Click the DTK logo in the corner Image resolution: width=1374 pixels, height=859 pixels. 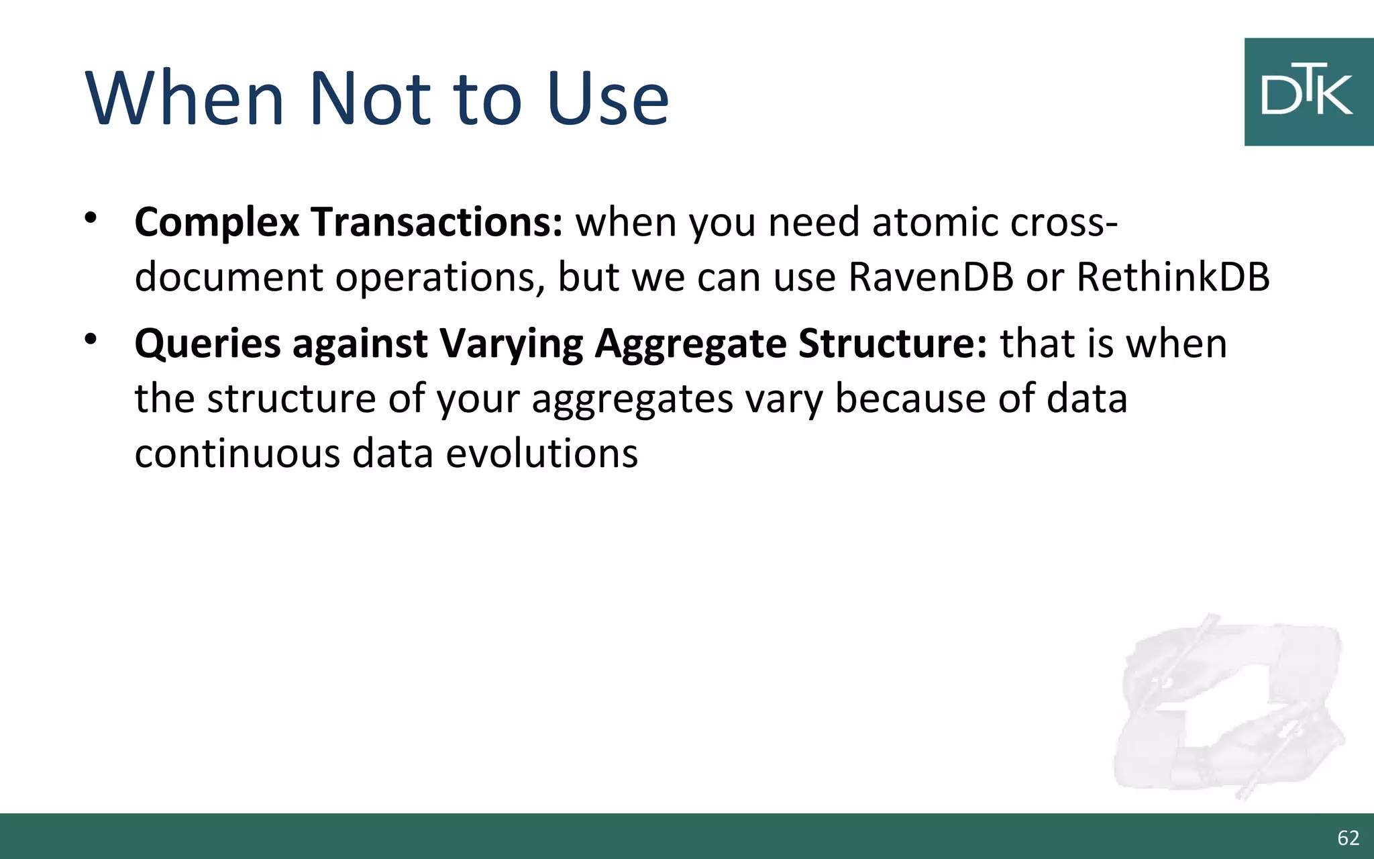(x=1308, y=92)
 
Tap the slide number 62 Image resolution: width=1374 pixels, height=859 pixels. (x=1348, y=838)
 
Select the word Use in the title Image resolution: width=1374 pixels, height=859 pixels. (x=607, y=99)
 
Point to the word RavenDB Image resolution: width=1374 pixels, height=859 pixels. (x=931, y=276)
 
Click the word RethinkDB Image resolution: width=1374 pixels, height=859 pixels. (x=1173, y=276)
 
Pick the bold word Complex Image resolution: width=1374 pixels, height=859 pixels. (x=217, y=223)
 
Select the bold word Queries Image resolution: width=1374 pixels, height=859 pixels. (x=207, y=344)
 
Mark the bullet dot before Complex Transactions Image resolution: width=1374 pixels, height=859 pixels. (x=91, y=217)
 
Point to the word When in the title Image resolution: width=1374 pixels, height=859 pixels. (x=185, y=99)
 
